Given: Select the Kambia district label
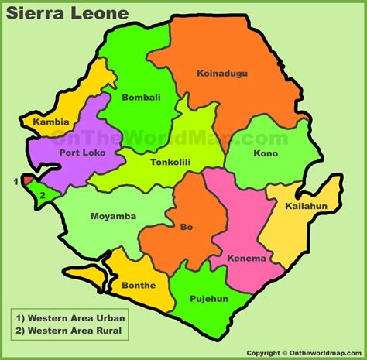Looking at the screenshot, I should coord(51,122).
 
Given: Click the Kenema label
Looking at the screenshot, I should coord(248,259).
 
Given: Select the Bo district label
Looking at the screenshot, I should coord(187,228).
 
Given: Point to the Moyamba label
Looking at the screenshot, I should coord(108,216).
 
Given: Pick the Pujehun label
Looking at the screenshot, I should coord(209,299).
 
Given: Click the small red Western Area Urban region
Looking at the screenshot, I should coord(27,180).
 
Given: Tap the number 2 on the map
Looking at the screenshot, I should coord(42,195).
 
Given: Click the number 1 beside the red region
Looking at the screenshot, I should coord(15,182).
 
